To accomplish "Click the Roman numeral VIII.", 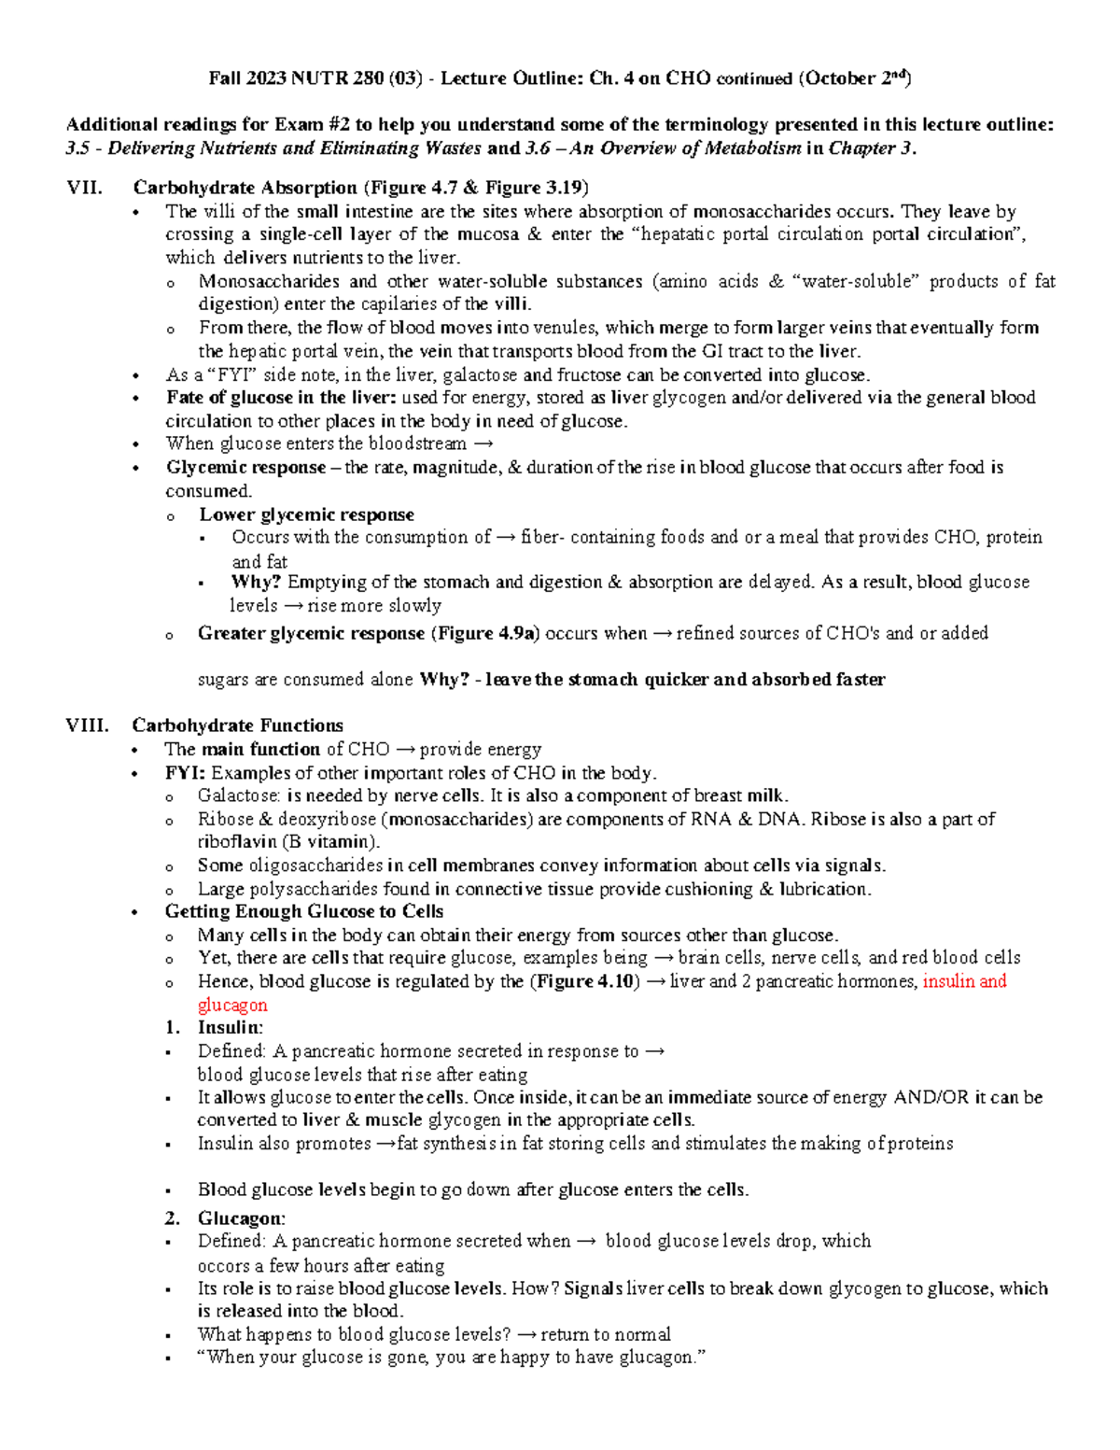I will tap(87, 725).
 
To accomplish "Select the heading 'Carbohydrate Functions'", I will tap(237, 725).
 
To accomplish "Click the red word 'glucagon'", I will tap(232, 1005).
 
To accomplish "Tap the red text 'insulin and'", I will tap(964, 981).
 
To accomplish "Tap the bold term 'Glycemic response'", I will tap(245, 467).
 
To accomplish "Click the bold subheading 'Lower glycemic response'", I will tap(306, 514).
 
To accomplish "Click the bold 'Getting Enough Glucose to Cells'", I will tap(303, 911).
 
